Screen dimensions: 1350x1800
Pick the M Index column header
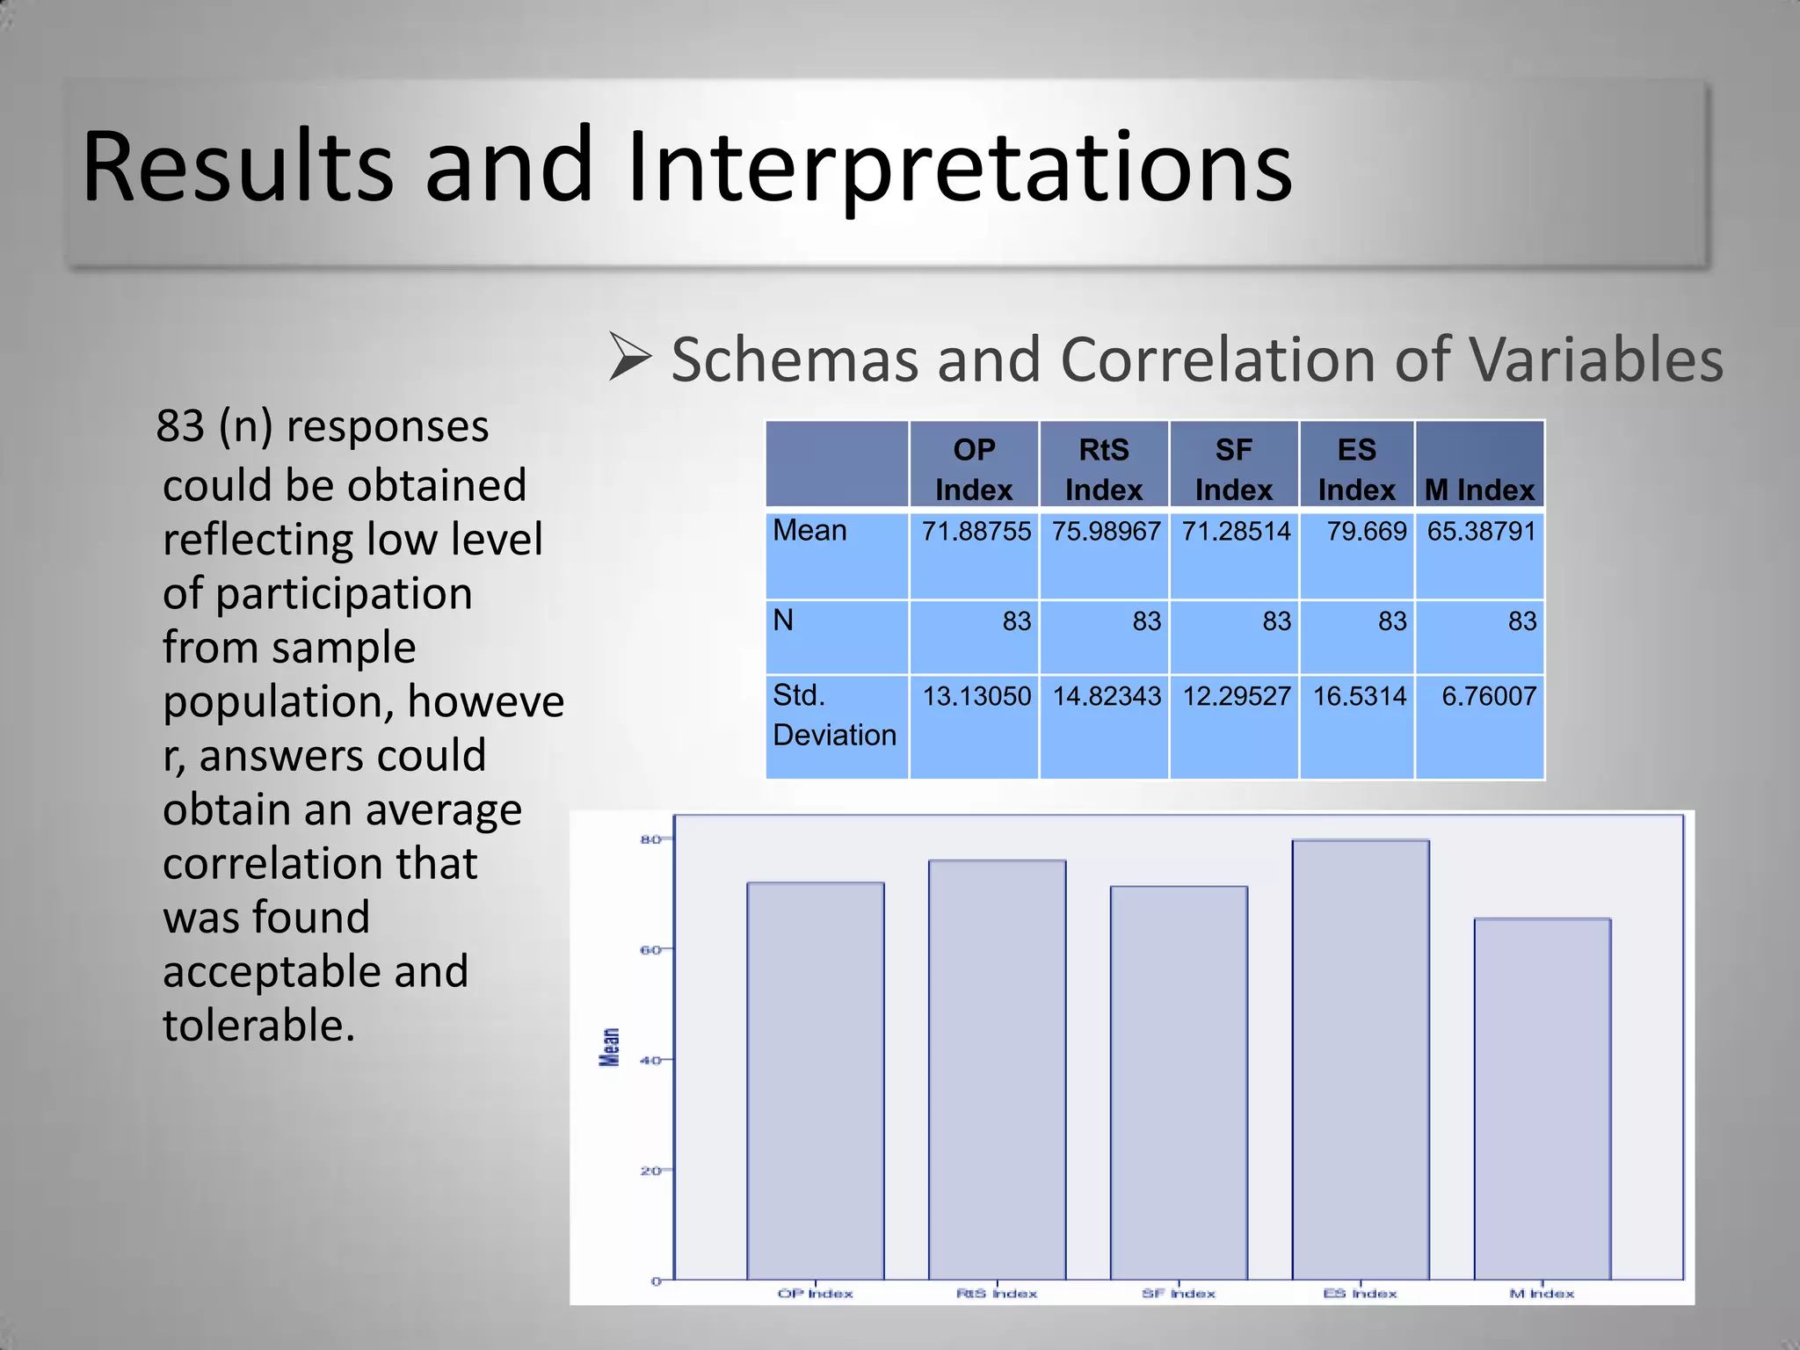coord(1479,489)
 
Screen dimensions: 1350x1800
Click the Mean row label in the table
coord(809,530)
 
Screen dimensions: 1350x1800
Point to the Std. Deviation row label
coord(833,715)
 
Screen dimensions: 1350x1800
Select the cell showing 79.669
coord(1366,531)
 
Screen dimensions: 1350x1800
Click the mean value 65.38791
coord(1481,531)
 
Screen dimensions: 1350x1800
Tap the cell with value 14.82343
coord(1107,696)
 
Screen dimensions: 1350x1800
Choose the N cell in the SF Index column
coord(1276,621)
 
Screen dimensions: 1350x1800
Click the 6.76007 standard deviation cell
coord(1488,696)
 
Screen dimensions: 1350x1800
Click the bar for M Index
coord(1542,1099)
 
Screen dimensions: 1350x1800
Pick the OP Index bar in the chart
coord(815,1081)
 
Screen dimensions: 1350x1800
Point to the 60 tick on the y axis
coord(650,949)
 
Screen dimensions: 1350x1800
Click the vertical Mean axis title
coord(609,1047)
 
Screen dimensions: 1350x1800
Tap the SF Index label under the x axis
coord(1178,1293)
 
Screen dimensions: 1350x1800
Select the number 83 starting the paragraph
coord(180,426)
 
